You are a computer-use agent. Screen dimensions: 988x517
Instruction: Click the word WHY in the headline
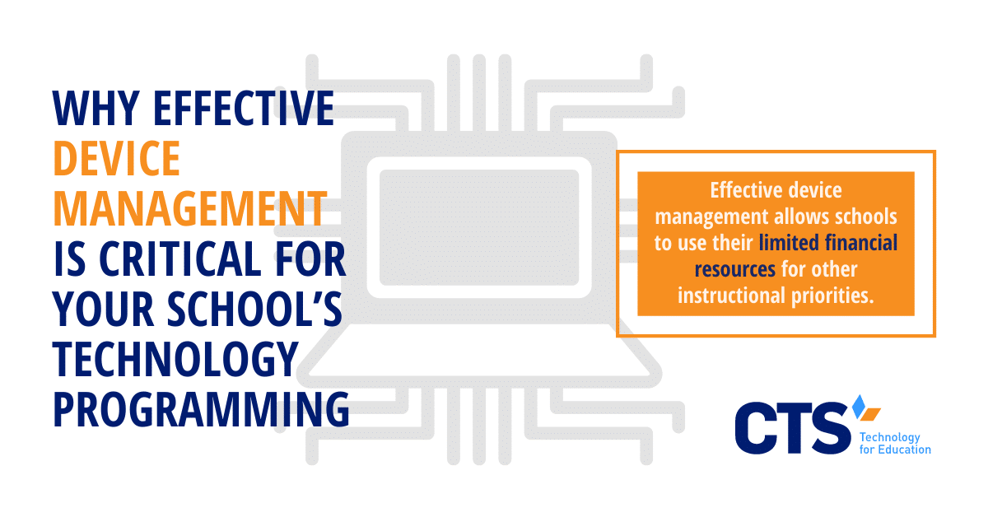coord(96,108)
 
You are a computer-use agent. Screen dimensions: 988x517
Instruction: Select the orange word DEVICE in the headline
coord(117,158)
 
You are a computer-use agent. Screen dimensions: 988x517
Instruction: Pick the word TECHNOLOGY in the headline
coord(175,359)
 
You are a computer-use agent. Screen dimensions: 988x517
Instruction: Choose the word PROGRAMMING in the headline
coord(201,409)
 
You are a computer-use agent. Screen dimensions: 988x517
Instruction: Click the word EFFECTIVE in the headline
coord(244,108)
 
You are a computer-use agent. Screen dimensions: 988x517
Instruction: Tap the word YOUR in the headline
coord(103,309)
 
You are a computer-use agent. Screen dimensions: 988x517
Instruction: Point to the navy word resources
coord(734,269)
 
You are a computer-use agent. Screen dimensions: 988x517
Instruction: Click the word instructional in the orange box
coord(732,296)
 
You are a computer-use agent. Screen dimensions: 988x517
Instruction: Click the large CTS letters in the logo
coord(793,427)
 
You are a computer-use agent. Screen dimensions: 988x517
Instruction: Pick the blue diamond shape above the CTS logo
coord(859,407)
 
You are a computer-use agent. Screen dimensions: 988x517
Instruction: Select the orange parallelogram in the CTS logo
coord(871,414)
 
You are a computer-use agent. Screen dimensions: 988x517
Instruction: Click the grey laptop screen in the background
coord(479,227)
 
